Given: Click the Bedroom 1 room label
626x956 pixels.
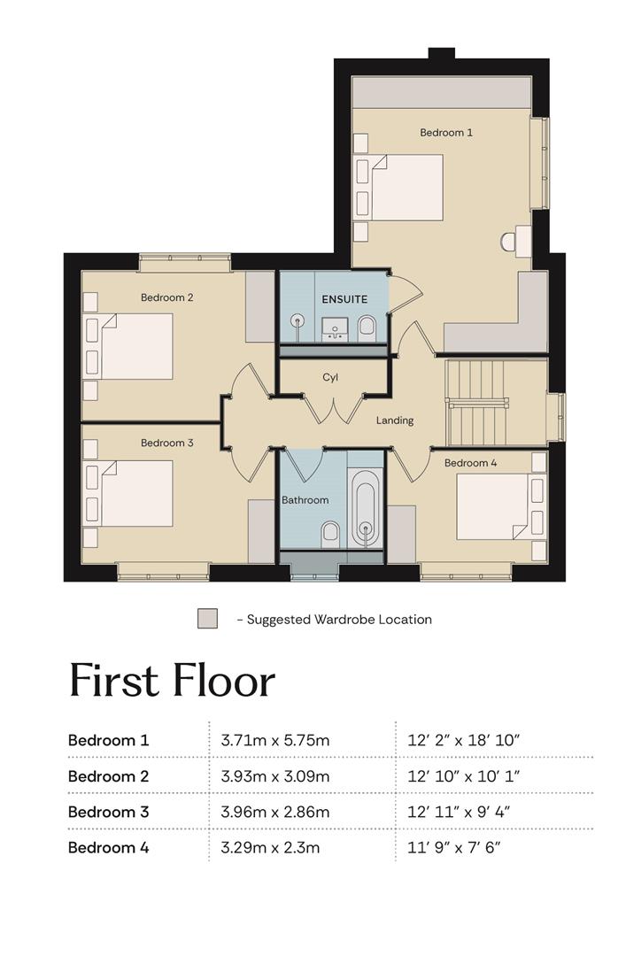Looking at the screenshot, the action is (446, 132).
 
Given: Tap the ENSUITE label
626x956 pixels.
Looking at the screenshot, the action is (344, 299).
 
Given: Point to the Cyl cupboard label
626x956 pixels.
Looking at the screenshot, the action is (330, 377).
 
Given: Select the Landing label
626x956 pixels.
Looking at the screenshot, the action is (394, 420).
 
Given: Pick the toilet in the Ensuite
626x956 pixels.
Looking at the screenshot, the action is (366, 326).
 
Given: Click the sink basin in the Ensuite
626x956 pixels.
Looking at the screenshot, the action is (335, 328).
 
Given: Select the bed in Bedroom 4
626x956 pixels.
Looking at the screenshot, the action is (493, 506).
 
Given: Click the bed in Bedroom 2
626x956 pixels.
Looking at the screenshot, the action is (136, 346).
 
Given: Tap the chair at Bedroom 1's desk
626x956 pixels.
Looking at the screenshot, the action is (507, 243).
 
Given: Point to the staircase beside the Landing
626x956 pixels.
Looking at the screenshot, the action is (477, 403).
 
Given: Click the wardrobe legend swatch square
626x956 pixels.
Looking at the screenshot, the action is (207, 618).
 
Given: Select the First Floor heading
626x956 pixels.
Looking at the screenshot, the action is (172, 681).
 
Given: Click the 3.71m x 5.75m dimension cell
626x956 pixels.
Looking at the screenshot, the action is (274, 740).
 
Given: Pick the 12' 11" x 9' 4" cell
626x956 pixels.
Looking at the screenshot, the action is (459, 812).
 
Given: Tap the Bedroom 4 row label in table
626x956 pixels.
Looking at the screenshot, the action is (109, 847).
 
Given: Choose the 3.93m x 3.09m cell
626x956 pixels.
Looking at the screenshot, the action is (275, 776).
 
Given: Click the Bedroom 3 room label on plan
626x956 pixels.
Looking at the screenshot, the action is (166, 443).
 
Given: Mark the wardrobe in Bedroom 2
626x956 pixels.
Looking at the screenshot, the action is (260, 306).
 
